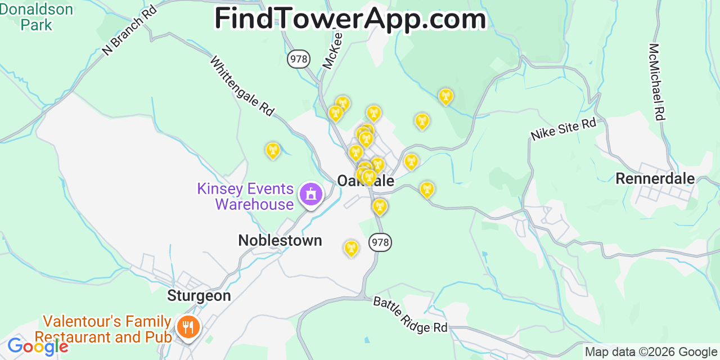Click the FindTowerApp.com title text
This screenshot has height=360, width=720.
pyautogui.click(x=350, y=19)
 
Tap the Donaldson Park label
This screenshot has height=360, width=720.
pyautogui.click(x=37, y=17)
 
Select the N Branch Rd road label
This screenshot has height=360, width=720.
pyautogui.click(x=129, y=31)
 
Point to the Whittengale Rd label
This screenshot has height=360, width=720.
pyautogui.click(x=242, y=86)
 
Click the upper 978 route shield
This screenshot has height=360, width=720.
pyautogui.click(x=299, y=58)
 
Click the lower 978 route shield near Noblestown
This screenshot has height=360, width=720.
pyautogui.click(x=380, y=242)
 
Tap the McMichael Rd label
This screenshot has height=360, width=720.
pyautogui.click(x=656, y=82)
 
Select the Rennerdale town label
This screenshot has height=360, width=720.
pyautogui.click(x=655, y=179)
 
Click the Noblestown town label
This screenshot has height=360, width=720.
pyautogui.click(x=280, y=241)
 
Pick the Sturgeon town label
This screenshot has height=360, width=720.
pyautogui.click(x=199, y=296)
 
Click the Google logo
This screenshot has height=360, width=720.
pyautogui.click(x=37, y=346)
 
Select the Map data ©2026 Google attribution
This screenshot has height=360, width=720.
pyautogui.click(x=651, y=352)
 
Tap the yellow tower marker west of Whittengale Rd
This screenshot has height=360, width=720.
pyautogui.click(x=273, y=150)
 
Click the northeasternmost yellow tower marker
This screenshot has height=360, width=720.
pyautogui.click(x=445, y=96)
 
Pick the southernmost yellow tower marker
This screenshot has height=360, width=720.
pyautogui.click(x=351, y=247)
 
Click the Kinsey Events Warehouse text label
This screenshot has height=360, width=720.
pyautogui.click(x=245, y=196)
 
